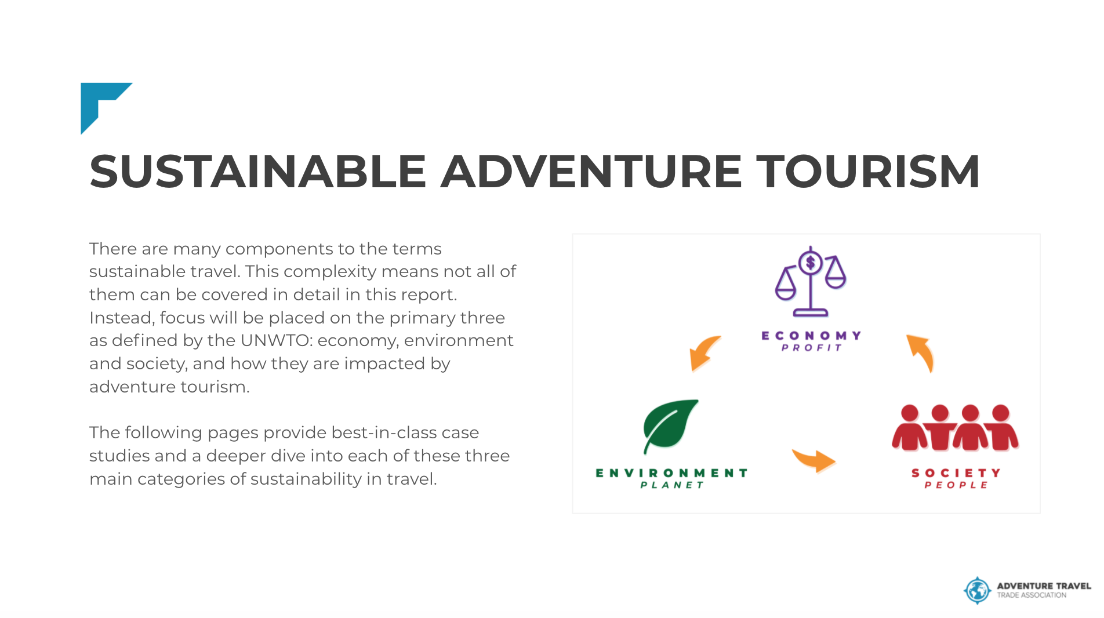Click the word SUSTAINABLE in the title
click(258, 172)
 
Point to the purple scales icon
click(811, 282)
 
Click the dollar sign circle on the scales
click(811, 263)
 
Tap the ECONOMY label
click(811, 336)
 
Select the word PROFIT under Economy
click(811, 348)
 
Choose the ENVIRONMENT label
click(671, 473)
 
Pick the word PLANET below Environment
click(671, 485)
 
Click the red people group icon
click(955, 428)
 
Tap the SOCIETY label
click(956, 473)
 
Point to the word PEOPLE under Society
click(956, 485)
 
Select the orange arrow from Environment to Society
click(815, 460)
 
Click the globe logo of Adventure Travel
click(978, 591)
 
